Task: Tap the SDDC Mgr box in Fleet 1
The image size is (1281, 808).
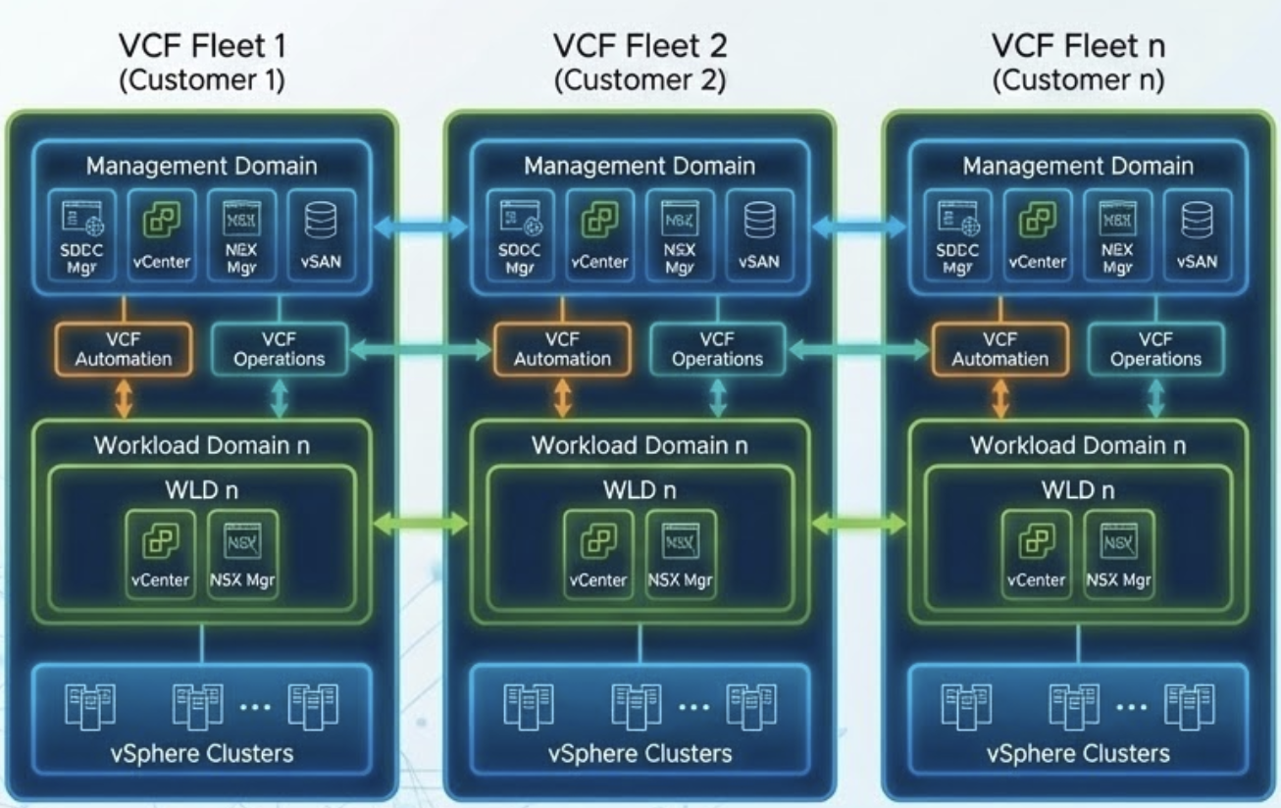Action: pos(82,236)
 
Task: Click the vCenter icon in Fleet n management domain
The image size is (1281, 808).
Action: pos(1038,222)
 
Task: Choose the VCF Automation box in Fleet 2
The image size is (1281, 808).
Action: pos(562,349)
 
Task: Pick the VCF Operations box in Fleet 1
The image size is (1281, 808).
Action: pos(280,349)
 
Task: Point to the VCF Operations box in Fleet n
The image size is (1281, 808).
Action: pos(1155,349)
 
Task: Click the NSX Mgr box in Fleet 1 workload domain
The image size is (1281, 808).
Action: pos(242,552)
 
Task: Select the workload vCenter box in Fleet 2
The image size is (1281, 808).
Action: pos(599,552)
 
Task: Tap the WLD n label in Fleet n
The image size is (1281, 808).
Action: pos(1079,488)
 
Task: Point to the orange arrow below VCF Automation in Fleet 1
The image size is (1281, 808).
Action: pos(125,398)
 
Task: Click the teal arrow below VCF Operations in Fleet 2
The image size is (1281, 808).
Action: pos(718,398)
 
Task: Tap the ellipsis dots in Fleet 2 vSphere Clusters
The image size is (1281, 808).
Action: pos(693,706)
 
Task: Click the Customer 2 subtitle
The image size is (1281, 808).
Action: pos(640,80)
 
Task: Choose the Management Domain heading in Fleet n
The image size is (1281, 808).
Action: pos(1078,166)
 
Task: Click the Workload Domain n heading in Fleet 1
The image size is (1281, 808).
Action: pos(202,444)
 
